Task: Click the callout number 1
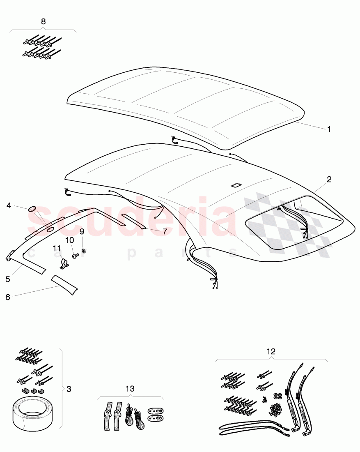[x=329, y=129]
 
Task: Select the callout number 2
[x=329, y=179]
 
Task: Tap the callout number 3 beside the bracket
[x=69, y=389]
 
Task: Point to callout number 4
[x=9, y=205]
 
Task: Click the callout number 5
[x=8, y=279]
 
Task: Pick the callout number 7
[x=165, y=231]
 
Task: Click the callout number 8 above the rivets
[x=44, y=21]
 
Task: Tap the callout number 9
[x=82, y=232]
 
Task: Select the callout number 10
[x=70, y=240]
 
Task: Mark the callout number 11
[x=56, y=248]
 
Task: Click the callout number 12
[x=271, y=351]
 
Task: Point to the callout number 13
[x=130, y=389]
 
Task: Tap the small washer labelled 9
[x=84, y=250]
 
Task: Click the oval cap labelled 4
[x=33, y=209]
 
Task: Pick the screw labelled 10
[x=76, y=256]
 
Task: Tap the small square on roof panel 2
[x=237, y=185]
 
